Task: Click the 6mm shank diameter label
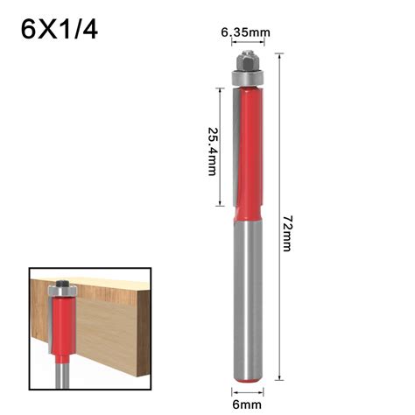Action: [245, 403]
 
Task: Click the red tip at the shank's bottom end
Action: [245, 383]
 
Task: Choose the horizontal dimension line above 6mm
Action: [245, 390]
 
